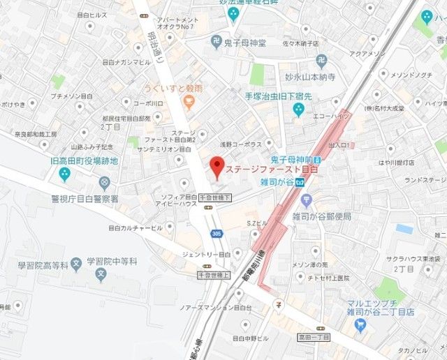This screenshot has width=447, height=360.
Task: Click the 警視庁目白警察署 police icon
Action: click(x=104, y=183)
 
